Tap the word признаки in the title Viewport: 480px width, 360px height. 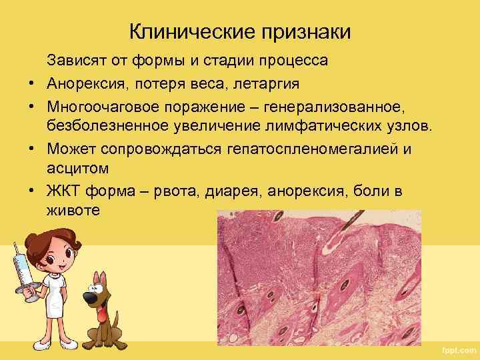point(303,31)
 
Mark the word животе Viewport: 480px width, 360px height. point(73,210)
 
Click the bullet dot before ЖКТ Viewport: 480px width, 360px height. point(31,191)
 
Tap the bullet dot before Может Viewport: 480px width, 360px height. point(31,149)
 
